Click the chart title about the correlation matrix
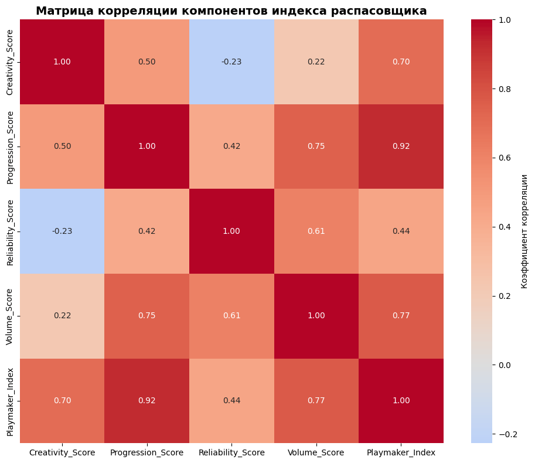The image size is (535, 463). click(x=231, y=11)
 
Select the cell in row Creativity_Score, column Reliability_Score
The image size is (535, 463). click(x=231, y=62)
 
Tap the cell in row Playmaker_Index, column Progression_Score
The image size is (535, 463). click(x=146, y=400)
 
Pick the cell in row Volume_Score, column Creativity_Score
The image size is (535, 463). click(x=62, y=316)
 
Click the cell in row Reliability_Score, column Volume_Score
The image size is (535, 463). click(x=316, y=231)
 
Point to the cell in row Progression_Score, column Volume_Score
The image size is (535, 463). click(x=316, y=147)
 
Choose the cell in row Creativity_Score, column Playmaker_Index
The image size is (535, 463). click(x=401, y=62)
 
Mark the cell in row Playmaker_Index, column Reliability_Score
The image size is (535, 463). click(x=231, y=400)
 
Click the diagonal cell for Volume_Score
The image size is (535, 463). click(x=316, y=316)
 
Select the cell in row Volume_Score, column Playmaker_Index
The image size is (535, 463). click(x=401, y=316)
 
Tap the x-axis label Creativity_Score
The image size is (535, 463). click(x=62, y=452)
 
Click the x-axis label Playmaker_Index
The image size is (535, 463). click(x=401, y=452)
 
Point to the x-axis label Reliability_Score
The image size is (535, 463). click(x=231, y=452)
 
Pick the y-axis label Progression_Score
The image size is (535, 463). click(x=11, y=147)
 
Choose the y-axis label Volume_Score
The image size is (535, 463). click(x=11, y=316)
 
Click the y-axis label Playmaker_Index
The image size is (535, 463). click(x=11, y=400)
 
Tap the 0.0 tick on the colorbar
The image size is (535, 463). click(x=504, y=365)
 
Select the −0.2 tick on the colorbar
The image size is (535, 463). click(x=505, y=434)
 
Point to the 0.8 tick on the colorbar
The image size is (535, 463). click(x=504, y=89)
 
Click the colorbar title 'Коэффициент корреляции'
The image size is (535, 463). click(x=524, y=231)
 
